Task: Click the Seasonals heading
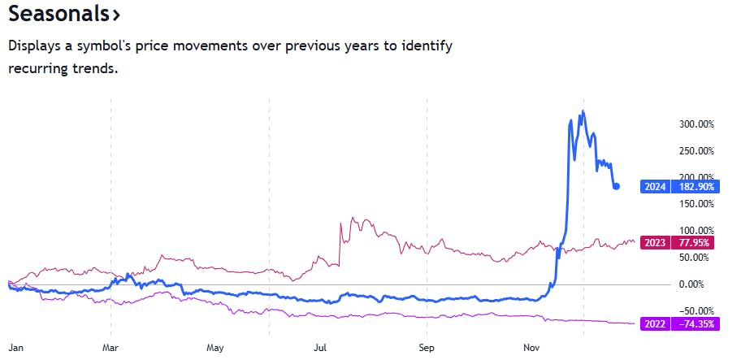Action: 59,15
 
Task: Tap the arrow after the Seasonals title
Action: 117,15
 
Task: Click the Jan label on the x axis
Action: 15,347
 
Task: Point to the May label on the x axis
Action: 215,347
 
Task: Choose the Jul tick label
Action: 320,347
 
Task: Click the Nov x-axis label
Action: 532,347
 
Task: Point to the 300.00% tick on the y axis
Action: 696,124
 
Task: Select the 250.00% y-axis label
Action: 696,151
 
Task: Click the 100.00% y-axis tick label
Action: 696,231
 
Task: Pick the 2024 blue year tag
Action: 655,187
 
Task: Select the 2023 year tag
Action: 655,241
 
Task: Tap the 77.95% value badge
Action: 695,241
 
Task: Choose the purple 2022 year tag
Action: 655,323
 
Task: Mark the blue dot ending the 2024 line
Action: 617,186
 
